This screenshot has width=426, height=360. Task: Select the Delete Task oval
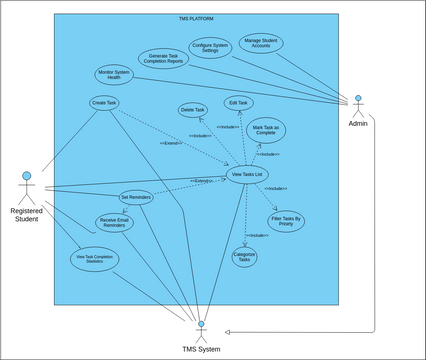(x=193, y=109)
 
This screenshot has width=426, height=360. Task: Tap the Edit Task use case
(x=238, y=102)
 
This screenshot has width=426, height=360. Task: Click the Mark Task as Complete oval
(x=265, y=130)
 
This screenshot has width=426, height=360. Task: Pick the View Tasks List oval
(x=246, y=174)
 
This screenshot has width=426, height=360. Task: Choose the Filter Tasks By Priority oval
(x=286, y=220)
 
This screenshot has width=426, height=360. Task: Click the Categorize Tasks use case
(x=244, y=257)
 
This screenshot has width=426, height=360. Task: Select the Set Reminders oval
(x=136, y=197)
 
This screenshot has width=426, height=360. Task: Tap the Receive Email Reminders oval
(x=115, y=222)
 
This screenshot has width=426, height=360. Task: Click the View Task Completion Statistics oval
(x=95, y=259)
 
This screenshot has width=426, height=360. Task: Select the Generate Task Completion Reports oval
(x=163, y=58)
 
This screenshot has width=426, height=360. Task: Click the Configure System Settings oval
(x=210, y=48)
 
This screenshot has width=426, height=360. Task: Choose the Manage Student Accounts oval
(x=260, y=43)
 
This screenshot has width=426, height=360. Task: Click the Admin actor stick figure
(x=357, y=104)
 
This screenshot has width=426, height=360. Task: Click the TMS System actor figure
(x=201, y=329)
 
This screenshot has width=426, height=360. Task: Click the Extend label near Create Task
(x=171, y=144)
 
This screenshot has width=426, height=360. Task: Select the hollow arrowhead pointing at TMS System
(x=229, y=331)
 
